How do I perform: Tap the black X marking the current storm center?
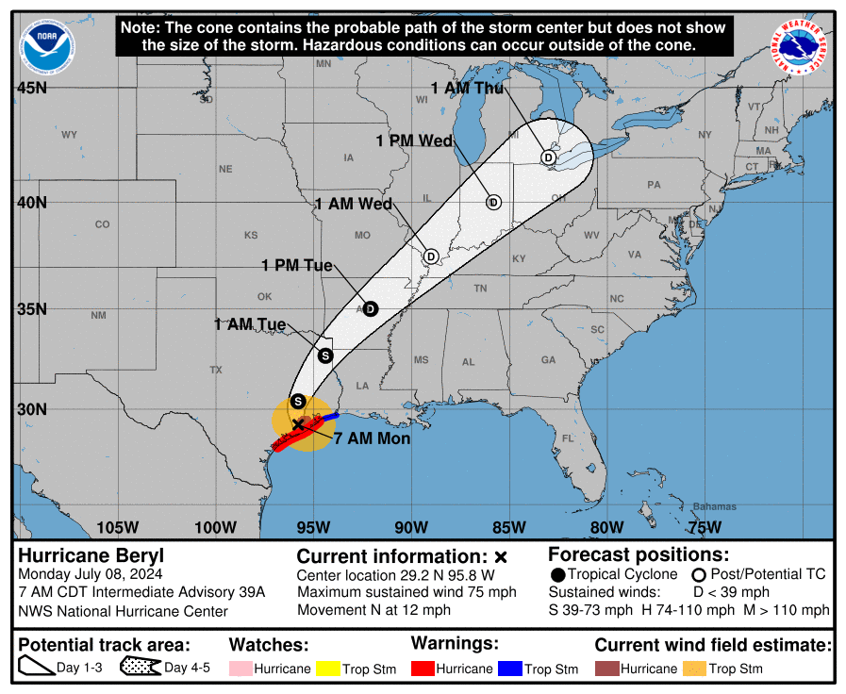298,425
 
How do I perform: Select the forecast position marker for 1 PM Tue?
371,308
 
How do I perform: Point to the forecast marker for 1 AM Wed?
431,256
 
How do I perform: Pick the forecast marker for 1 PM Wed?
492,202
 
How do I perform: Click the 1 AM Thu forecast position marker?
548,157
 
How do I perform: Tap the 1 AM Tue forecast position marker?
325,355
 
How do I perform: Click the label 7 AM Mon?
372,438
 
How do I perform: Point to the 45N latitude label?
31,88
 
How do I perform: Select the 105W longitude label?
117,527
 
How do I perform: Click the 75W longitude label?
705,527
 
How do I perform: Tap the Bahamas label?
714,506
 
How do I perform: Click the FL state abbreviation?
568,439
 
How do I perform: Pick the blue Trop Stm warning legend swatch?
509,669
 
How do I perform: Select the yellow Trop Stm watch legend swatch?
326,669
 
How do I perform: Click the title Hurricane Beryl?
77,555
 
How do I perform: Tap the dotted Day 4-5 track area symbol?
140,668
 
